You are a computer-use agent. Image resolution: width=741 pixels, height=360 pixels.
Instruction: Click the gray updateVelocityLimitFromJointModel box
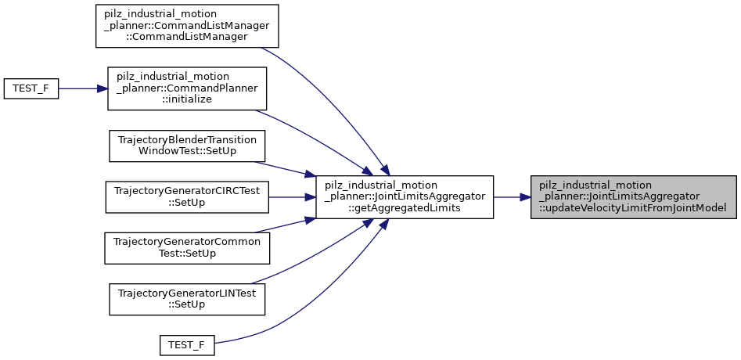(x=633, y=196)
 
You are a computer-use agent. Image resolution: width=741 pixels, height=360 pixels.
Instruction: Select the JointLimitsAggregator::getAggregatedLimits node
(x=404, y=196)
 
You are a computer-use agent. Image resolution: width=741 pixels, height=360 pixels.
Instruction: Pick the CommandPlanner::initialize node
(x=187, y=88)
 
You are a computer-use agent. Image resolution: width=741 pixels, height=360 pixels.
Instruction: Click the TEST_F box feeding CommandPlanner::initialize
(x=31, y=88)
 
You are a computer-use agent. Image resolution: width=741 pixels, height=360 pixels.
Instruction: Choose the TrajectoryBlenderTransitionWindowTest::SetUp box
(x=187, y=146)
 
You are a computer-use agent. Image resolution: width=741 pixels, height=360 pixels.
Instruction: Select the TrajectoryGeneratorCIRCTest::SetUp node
(x=187, y=196)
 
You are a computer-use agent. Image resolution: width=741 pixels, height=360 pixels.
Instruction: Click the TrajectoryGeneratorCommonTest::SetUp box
(x=187, y=247)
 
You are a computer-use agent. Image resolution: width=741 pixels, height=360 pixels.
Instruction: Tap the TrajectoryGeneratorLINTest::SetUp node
(x=187, y=297)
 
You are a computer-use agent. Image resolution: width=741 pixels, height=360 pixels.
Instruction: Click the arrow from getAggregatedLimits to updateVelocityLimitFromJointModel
(x=513, y=196)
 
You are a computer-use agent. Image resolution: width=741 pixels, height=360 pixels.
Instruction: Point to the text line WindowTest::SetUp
(x=187, y=152)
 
